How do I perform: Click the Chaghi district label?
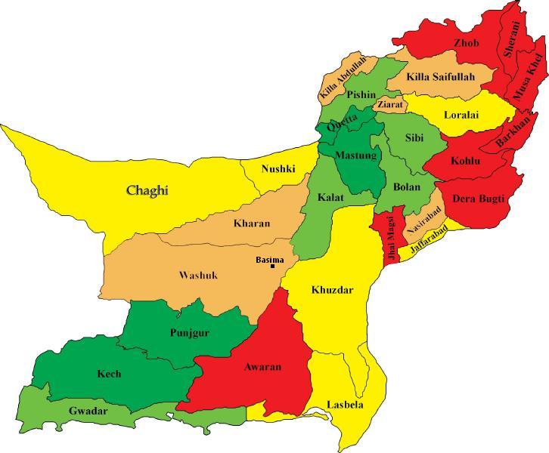click(147, 190)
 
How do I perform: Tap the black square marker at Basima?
click(272, 267)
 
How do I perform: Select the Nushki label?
click(278, 168)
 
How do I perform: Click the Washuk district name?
click(198, 275)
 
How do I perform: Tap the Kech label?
click(109, 374)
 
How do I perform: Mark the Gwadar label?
click(88, 411)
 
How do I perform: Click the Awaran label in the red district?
click(262, 367)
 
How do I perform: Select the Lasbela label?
click(345, 405)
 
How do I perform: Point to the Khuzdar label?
click(332, 290)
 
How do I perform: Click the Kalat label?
click(330, 197)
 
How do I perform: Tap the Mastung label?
click(355, 156)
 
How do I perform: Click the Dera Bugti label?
click(479, 199)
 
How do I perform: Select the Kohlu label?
click(465, 161)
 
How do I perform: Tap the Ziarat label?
click(390, 105)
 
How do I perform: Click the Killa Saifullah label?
click(440, 76)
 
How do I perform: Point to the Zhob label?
click(466, 43)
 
